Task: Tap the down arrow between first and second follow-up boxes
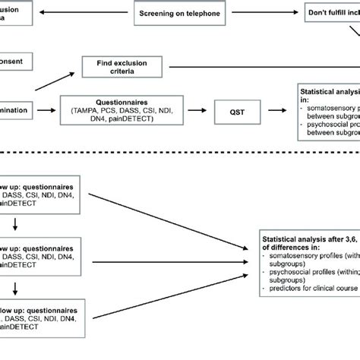[x=14, y=224]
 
